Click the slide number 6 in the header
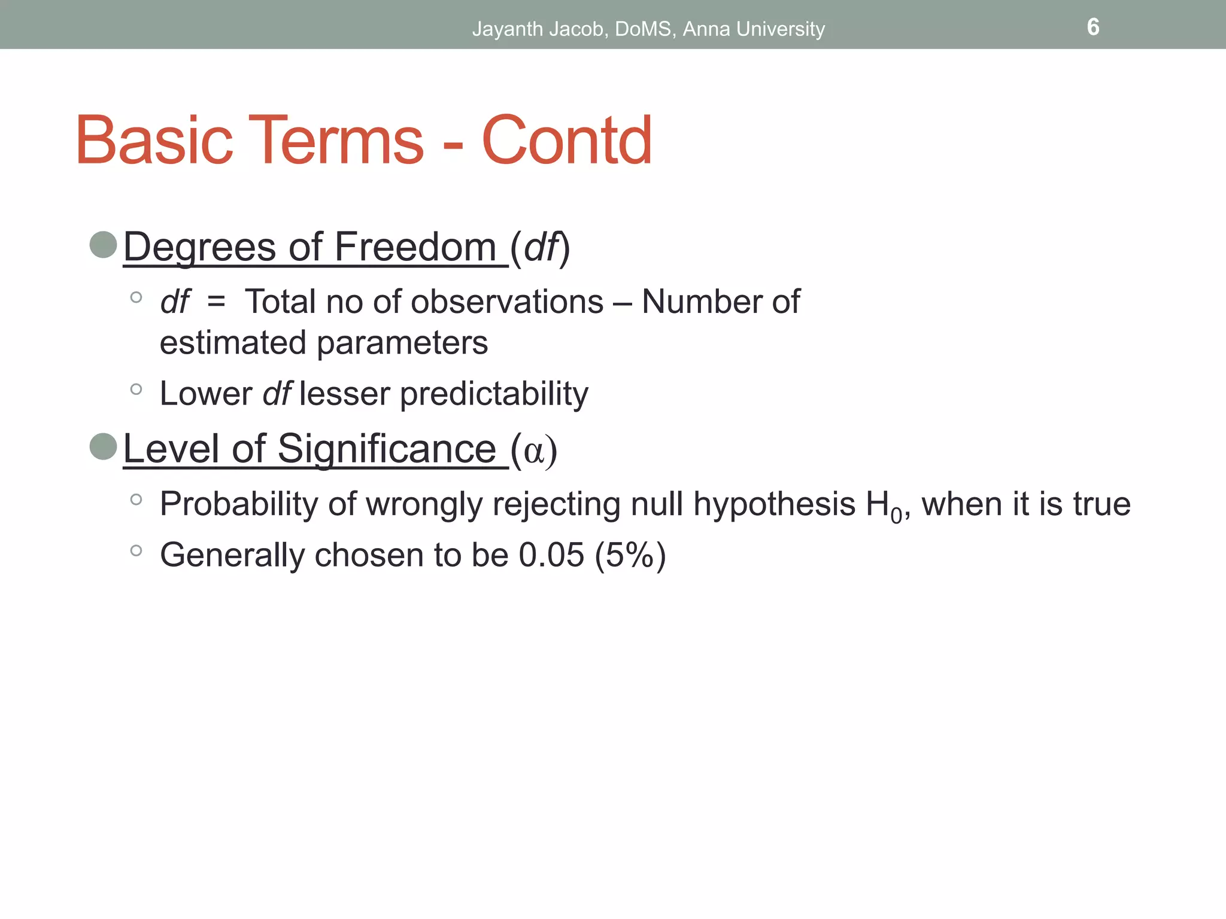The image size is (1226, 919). click(x=1093, y=27)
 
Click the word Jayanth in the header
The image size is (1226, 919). click(x=508, y=29)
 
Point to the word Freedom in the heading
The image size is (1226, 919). click(x=415, y=247)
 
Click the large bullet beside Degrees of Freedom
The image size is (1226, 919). click(x=103, y=245)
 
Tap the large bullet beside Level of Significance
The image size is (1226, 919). click(x=103, y=446)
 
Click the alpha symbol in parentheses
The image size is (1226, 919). click(x=533, y=451)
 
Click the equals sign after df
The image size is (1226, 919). click(x=216, y=302)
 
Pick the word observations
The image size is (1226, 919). click(x=507, y=302)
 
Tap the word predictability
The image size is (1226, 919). click(x=494, y=394)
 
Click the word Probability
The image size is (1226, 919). click(x=238, y=504)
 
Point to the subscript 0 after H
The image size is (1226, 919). click(x=896, y=515)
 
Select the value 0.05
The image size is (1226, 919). click(x=551, y=555)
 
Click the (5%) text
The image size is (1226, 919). click(x=630, y=555)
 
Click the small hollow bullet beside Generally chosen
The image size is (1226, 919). click(x=136, y=550)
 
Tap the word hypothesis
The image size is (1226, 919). click(x=774, y=504)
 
